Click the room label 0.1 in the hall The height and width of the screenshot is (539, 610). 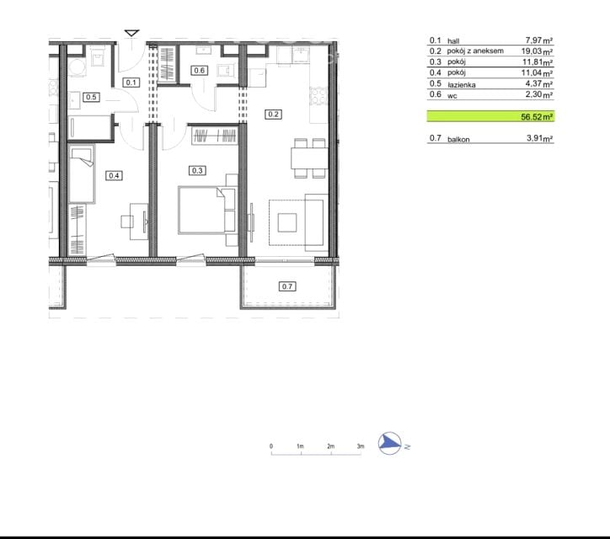131,83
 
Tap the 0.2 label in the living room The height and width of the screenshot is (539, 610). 273,115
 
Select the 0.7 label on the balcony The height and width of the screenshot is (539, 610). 287,286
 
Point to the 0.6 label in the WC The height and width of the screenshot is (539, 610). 199,71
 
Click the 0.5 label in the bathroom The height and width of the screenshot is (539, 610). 91,97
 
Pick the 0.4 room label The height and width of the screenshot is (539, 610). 114,176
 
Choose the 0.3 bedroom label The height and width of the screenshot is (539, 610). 197,170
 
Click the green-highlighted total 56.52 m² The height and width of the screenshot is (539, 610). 537,117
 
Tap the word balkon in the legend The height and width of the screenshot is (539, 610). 458,139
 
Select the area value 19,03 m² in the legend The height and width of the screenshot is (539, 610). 537,51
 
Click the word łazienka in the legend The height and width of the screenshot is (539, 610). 462,84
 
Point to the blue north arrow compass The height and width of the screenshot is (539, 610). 390,443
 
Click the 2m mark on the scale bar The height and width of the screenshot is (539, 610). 330,446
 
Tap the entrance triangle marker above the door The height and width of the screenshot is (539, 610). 131,33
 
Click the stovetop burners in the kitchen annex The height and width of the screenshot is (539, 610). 318,96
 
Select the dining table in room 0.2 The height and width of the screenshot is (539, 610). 310,158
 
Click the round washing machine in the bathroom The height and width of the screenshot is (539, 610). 77,67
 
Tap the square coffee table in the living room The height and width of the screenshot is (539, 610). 287,222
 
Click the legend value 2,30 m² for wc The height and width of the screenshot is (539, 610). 539,94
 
